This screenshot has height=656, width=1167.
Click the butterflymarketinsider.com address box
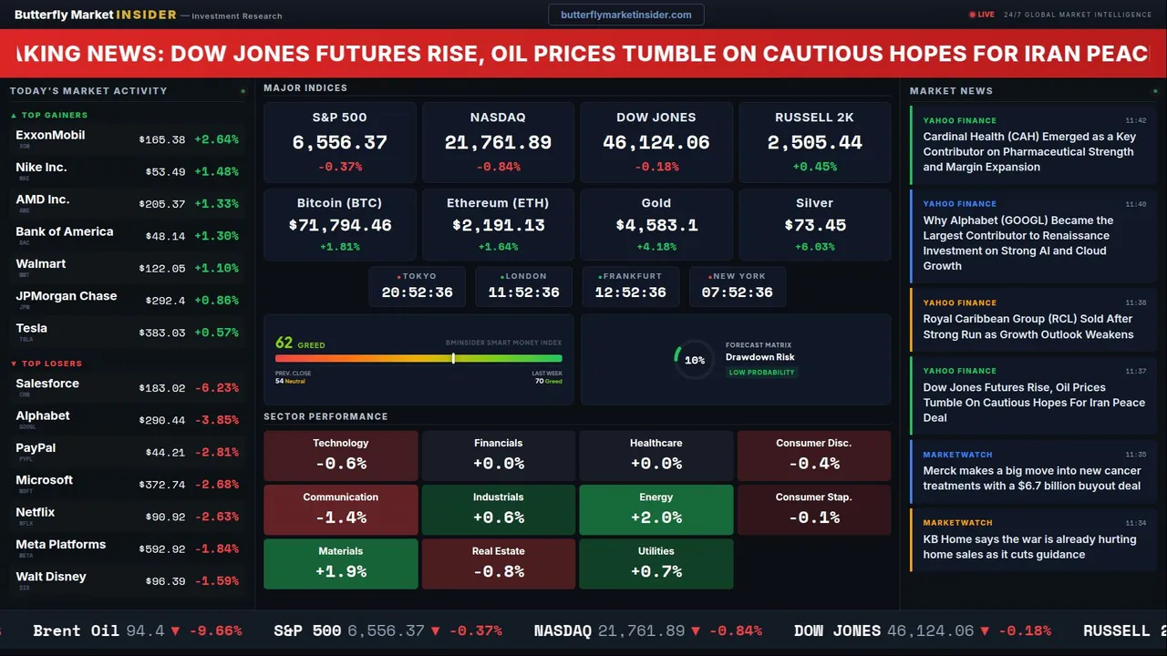tap(625, 15)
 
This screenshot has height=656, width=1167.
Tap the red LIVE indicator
tap(982, 15)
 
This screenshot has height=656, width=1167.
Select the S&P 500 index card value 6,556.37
tap(339, 142)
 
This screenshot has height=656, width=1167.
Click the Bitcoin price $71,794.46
tap(340, 225)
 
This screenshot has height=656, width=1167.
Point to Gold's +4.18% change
tap(656, 247)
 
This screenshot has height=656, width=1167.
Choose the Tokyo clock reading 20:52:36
tap(417, 292)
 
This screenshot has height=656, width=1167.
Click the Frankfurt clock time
tap(630, 292)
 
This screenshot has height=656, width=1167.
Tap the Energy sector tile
tap(656, 508)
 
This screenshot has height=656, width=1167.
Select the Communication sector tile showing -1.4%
tap(341, 508)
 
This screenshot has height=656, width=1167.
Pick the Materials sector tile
tap(341, 563)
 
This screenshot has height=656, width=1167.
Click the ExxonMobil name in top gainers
tap(50, 135)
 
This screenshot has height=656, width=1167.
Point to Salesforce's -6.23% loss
tap(216, 387)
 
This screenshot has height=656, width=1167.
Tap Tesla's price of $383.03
tap(162, 333)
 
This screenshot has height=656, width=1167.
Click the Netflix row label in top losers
tap(36, 512)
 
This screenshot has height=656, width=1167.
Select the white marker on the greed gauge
tap(453, 358)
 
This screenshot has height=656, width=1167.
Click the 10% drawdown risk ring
tap(694, 360)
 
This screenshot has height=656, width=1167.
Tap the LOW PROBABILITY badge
tap(761, 372)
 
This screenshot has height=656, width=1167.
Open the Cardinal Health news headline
tap(1029, 151)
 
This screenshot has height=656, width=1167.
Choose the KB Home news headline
tap(1029, 547)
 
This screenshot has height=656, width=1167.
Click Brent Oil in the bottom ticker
tap(76, 630)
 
